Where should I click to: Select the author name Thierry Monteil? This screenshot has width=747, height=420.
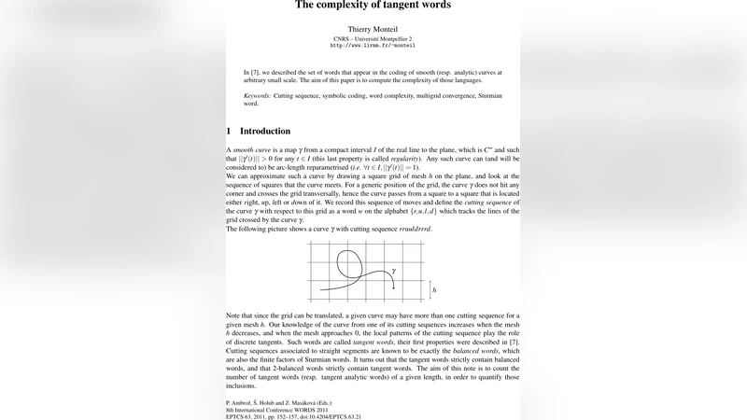click(373, 30)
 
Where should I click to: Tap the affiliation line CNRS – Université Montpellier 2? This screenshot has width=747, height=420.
click(373, 38)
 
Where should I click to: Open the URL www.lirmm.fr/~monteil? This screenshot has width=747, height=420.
click(373, 46)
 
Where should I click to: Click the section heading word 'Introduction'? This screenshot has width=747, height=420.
click(265, 132)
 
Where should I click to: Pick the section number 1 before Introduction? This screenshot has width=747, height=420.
click(230, 132)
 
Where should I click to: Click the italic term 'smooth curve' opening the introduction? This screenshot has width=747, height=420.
click(251, 150)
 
